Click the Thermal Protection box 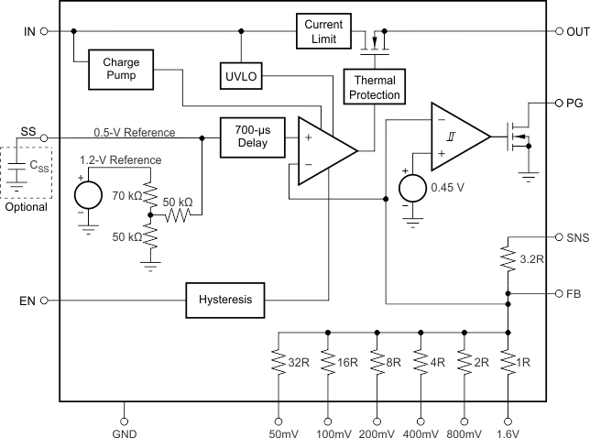372,88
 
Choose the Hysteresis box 224,299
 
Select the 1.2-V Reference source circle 88,194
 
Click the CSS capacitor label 40,169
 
